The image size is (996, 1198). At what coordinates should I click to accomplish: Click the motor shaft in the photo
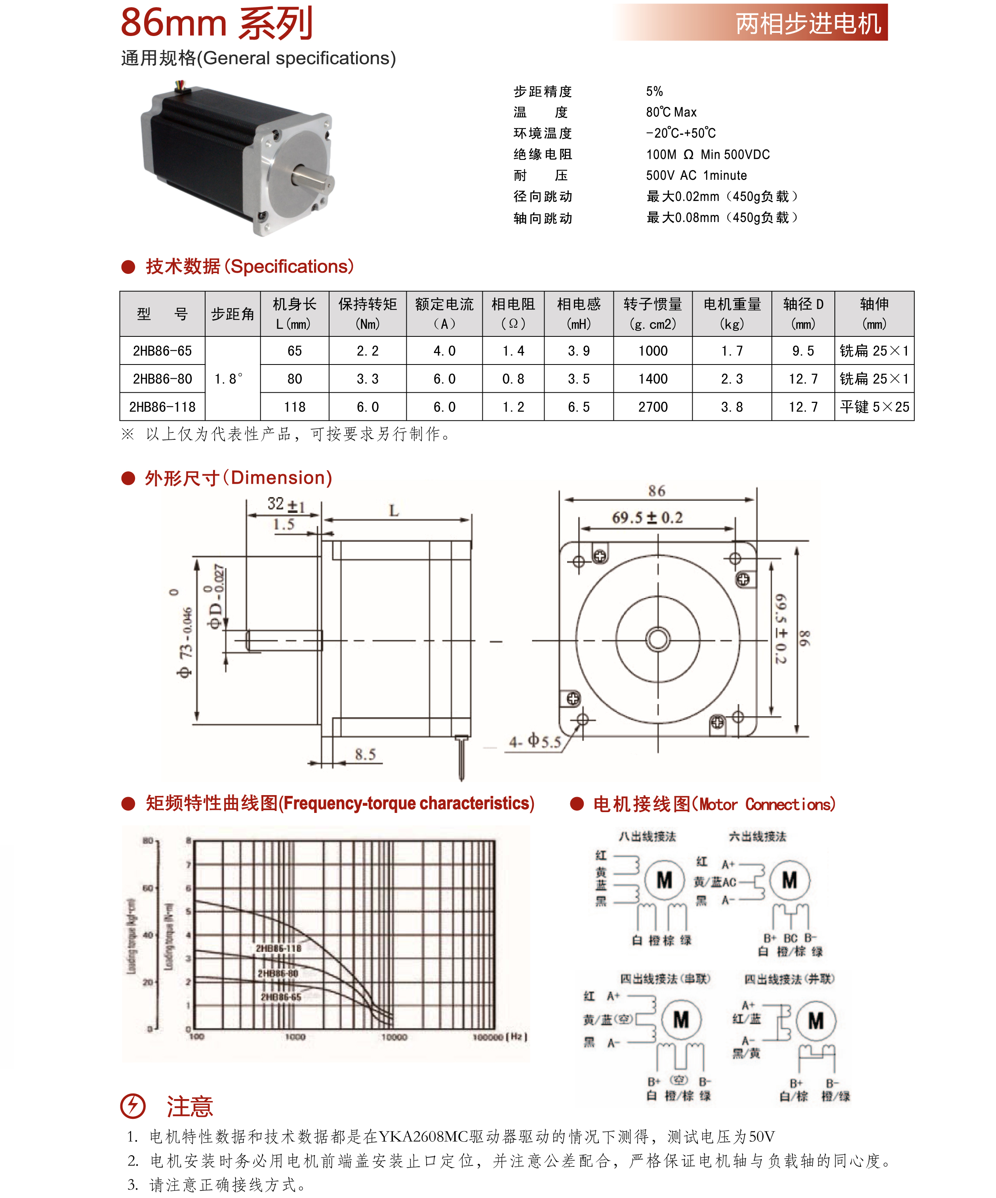pos(313,176)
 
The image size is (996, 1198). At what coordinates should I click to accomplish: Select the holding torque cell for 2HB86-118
pos(367,407)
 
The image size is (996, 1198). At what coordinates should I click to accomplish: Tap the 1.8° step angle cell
pos(229,379)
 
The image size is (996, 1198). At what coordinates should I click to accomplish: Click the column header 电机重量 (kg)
pos(732,314)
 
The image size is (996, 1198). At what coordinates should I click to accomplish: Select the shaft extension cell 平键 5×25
pos(874,407)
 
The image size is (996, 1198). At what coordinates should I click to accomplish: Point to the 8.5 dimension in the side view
pos(365,754)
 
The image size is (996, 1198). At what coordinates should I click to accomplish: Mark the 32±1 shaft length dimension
pos(286,504)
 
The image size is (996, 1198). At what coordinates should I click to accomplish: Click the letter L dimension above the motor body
pos(394,511)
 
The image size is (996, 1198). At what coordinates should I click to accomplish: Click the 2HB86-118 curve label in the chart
pos(278,948)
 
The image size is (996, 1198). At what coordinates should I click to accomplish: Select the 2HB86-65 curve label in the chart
pos(281,997)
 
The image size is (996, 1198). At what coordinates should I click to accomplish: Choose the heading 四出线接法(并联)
pos(789,979)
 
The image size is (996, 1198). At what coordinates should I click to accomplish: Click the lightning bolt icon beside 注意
pos(133,1106)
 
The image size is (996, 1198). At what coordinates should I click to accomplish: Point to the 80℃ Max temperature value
pos(671,112)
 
